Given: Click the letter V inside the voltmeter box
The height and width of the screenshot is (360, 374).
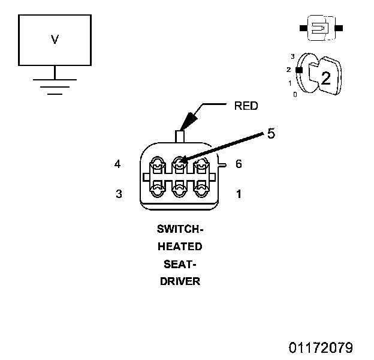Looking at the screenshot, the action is (55, 40).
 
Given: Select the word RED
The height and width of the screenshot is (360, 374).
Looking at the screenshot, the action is (246, 106).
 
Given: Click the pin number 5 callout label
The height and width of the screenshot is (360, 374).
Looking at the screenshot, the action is (271, 133).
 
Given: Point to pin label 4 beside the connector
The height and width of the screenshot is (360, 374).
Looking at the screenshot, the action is (117, 164).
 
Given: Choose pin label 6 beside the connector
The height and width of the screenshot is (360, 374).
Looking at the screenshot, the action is (239, 164).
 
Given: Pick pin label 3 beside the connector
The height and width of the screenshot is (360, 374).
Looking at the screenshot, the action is (119, 194).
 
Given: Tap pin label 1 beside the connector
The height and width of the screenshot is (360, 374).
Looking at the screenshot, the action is (239, 194).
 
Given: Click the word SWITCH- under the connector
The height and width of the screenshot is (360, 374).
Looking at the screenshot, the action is (180, 229).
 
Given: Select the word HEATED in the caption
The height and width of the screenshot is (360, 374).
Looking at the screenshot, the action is (180, 247).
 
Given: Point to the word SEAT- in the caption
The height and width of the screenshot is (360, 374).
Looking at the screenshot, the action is (180, 264).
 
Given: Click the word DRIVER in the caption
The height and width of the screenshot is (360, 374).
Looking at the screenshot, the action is (180, 281).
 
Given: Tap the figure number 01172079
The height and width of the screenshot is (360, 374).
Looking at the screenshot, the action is (321, 347).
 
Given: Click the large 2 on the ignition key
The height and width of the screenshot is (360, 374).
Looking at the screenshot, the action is (326, 78).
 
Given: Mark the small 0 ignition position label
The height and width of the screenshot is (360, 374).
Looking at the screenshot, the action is (295, 95).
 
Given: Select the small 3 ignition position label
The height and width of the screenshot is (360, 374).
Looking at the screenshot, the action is (292, 56).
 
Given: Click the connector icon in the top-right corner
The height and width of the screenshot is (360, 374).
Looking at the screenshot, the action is (321, 28).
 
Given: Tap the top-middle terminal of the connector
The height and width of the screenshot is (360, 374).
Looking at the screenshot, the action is (179, 165).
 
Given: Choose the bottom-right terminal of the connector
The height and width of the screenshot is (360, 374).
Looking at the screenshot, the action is (201, 189).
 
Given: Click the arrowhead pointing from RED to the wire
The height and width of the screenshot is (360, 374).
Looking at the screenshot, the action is (188, 121).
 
